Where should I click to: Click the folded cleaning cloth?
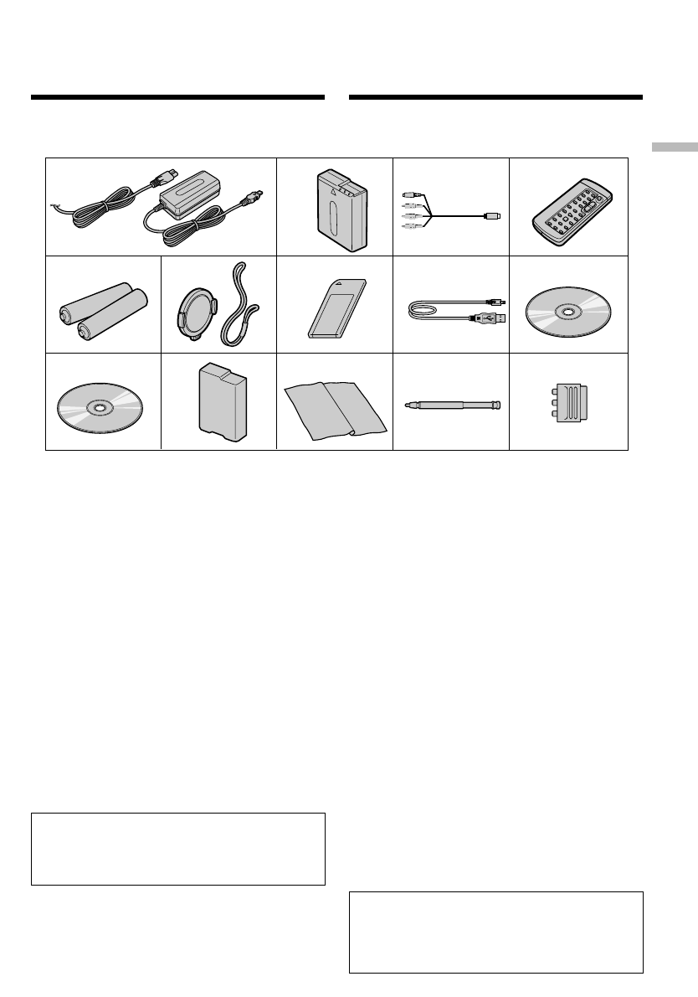click(x=335, y=407)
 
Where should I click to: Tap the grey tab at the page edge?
click(x=674, y=148)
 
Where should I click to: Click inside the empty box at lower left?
click(x=177, y=848)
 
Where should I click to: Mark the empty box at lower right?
click(x=495, y=931)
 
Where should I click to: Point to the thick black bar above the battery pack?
click(x=177, y=98)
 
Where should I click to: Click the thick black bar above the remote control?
click(x=495, y=98)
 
